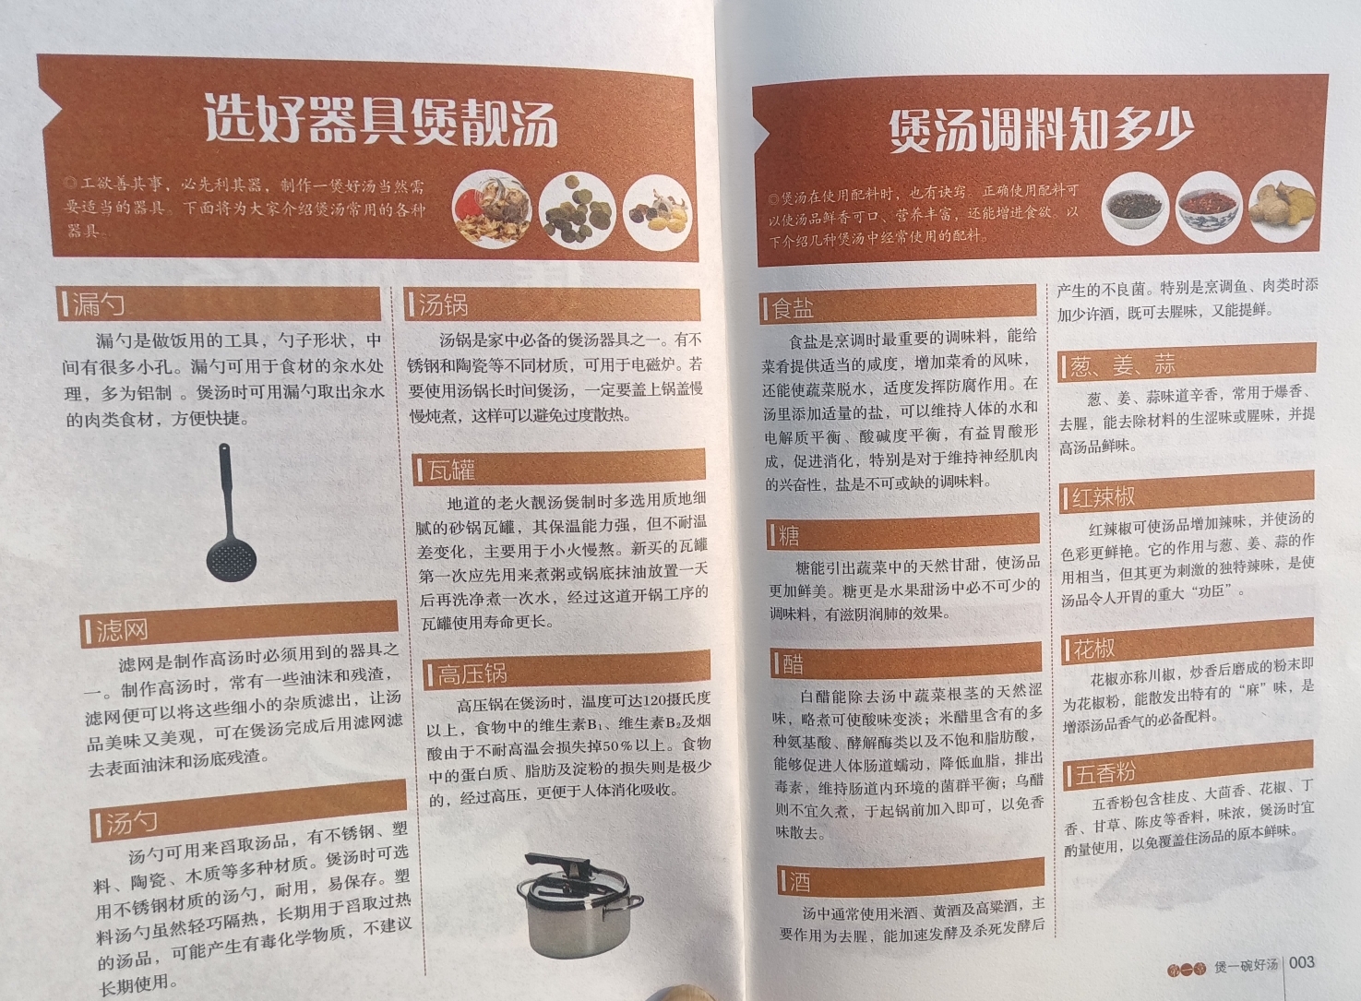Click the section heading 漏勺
click(99, 304)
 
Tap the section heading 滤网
click(122, 631)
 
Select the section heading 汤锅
click(444, 305)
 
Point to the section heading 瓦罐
click(451, 470)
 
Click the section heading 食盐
click(793, 308)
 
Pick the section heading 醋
click(793, 664)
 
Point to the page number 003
click(1301, 962)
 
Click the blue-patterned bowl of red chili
click(1208, 209)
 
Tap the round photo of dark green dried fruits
click(577, 211)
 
